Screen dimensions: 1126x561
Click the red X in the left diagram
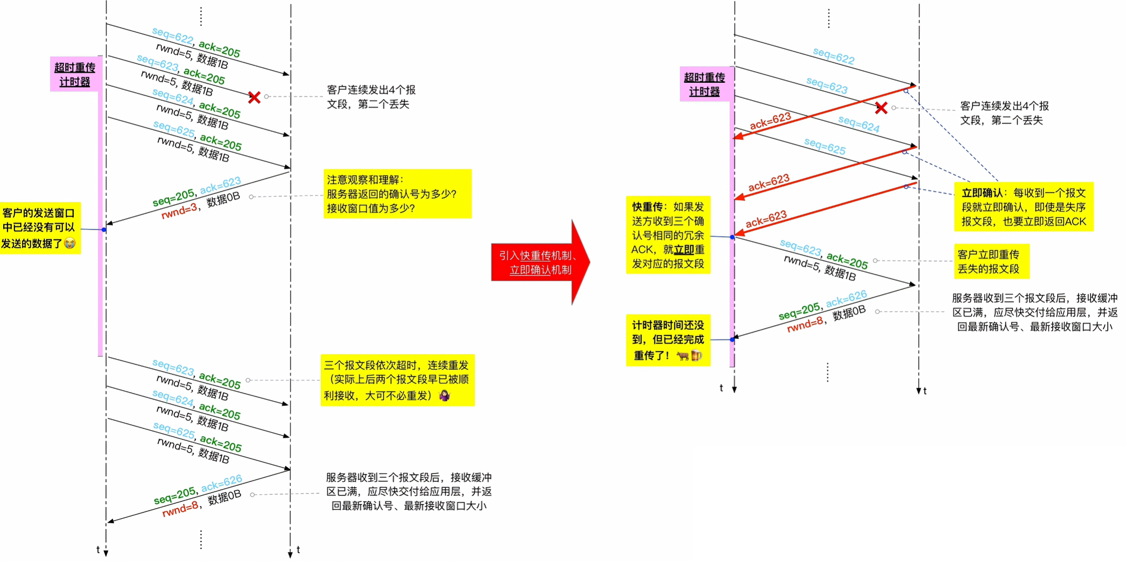(x=254, y=97)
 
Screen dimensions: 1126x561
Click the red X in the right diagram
(x=881, y=108)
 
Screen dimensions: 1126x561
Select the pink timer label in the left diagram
(x=75, y=74)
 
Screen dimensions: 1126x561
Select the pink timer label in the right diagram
(x=704, y=84)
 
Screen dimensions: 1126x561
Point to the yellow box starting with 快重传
(x=668, y=235)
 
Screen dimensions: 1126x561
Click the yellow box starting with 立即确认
(x=1023, y=207)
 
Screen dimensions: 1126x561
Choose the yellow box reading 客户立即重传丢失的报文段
(x=991, y=261)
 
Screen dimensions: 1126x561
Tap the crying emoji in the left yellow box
(x=70, y=243)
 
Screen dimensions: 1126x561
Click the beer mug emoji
(x=696, y=355)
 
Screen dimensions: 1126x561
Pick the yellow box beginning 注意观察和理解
(x=397, y=194)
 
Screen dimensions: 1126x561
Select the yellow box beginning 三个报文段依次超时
(x=397, y=380)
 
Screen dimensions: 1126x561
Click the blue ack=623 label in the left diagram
(x=221, y=185)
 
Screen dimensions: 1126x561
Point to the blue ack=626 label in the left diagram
(x=221, y=483)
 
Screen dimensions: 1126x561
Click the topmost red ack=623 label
(x=770, y=121)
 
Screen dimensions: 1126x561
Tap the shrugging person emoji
(x=444, y=395)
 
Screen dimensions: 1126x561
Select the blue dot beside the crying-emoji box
(x=104, y=230)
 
